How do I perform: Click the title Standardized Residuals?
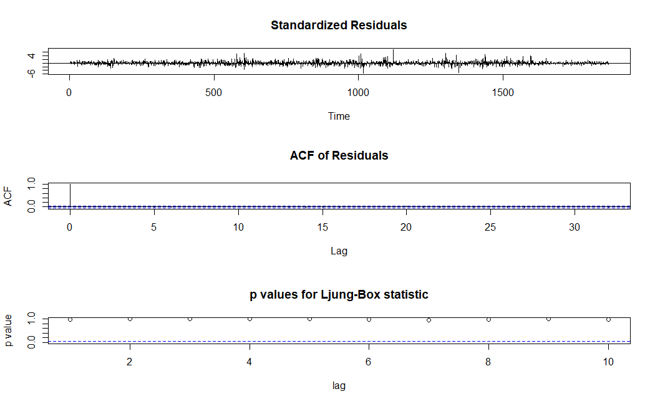coord(339,26)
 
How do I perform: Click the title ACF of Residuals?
coord(339,155)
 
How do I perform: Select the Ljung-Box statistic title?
coord(339,294)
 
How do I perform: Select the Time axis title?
coord(339,116)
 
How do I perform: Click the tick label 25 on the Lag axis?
coord(490,228)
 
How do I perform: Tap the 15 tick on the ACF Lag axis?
coord(322,228)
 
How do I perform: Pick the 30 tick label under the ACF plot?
coord(575,228)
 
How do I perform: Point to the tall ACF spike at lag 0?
coord(70,195)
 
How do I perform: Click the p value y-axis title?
coord(8,331)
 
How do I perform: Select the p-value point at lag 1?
coord(70,319)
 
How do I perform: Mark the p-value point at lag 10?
coord(608,319)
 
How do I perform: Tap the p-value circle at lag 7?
coord(429,320)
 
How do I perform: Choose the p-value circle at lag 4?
coord(250,319)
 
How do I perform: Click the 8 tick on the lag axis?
coord(488,361)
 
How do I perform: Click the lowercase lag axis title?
coord(339,385)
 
